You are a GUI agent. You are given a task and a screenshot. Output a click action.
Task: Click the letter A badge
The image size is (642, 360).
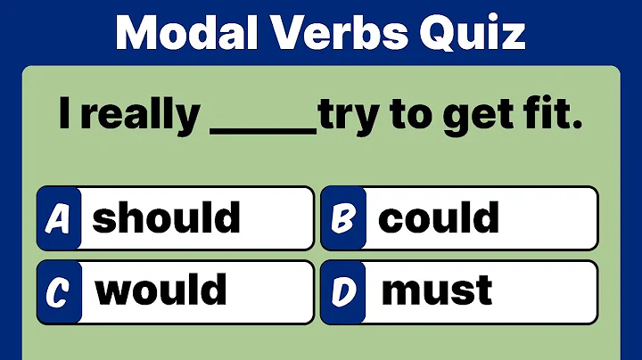pyautogui.click(x=59, y=218)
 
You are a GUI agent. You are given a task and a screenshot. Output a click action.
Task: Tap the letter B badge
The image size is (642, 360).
pyautogui.click(x=342, y=218)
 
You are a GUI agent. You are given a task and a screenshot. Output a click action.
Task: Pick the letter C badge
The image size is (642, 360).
pyautogui.click(x=59, y=290)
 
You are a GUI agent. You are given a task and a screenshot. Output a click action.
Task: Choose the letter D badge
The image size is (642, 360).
pyautogui.click(x=342, y=290)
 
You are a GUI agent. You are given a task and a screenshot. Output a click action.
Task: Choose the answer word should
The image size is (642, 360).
pyautogui.click(x=167, y=217)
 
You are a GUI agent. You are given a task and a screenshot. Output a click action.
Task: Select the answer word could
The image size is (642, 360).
pyautogui.click(x=438, y=217)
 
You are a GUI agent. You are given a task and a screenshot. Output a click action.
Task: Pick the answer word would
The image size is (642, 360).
pyautogui.click(x=161, y=290)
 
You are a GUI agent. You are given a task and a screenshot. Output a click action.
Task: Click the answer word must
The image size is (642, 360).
pyautogui.click(x=436, y=290)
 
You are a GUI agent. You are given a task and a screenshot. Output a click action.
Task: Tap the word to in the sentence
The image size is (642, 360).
pyautogui.click(x=406, y=119)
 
